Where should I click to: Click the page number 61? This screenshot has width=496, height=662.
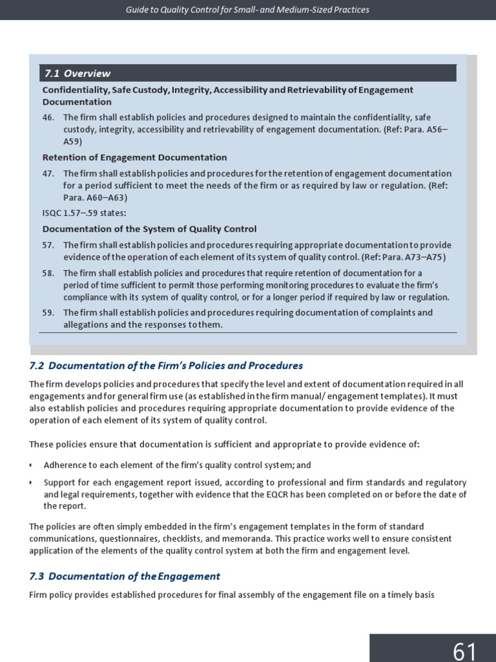point(464,650)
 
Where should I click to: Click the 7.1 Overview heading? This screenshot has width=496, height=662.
point(77,73)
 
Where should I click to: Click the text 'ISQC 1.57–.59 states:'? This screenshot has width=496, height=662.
point(84,213)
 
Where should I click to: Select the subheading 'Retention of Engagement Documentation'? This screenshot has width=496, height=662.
point(134,157)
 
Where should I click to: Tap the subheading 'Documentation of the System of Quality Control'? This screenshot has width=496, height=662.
point(149,229)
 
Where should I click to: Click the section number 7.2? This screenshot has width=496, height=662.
point(37,366)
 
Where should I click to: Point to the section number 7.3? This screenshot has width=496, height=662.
point(37,576)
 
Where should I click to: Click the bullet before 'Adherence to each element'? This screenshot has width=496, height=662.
point(31,465)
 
